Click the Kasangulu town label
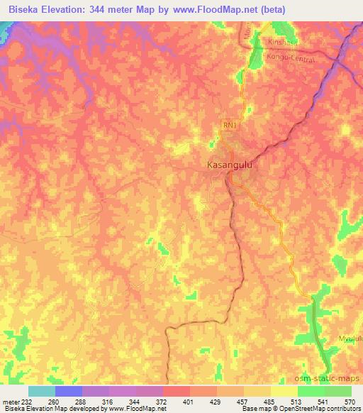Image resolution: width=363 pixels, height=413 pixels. (x=229, y=165)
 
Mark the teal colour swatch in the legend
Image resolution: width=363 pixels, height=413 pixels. (x=41, y=391)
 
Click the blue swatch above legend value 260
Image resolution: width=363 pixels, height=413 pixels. (x=68, y=391)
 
